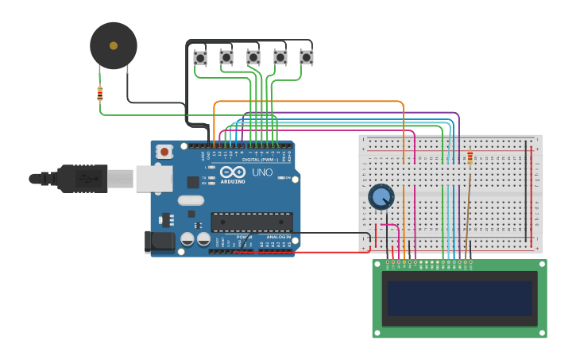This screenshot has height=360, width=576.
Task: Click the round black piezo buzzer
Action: point(114,45)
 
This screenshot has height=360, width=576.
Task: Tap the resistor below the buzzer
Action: point(99,94)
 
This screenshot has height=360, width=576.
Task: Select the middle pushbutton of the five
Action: point(253,57)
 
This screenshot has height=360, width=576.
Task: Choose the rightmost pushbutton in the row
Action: point(307,57)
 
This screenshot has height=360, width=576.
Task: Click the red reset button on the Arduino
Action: point(164,151)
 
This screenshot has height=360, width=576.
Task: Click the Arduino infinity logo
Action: point(234,172)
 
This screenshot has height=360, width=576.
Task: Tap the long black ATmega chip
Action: point(251,222)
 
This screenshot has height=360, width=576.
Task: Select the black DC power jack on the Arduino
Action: point(159,242)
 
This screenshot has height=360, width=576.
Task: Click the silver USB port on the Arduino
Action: point(153,179)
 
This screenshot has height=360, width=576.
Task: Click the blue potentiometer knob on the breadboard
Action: point(381,196)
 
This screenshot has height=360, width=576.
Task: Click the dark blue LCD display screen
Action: point(459,298)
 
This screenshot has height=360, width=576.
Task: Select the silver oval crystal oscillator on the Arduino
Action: point(191,200)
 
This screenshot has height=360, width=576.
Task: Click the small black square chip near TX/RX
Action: point(192,182)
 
